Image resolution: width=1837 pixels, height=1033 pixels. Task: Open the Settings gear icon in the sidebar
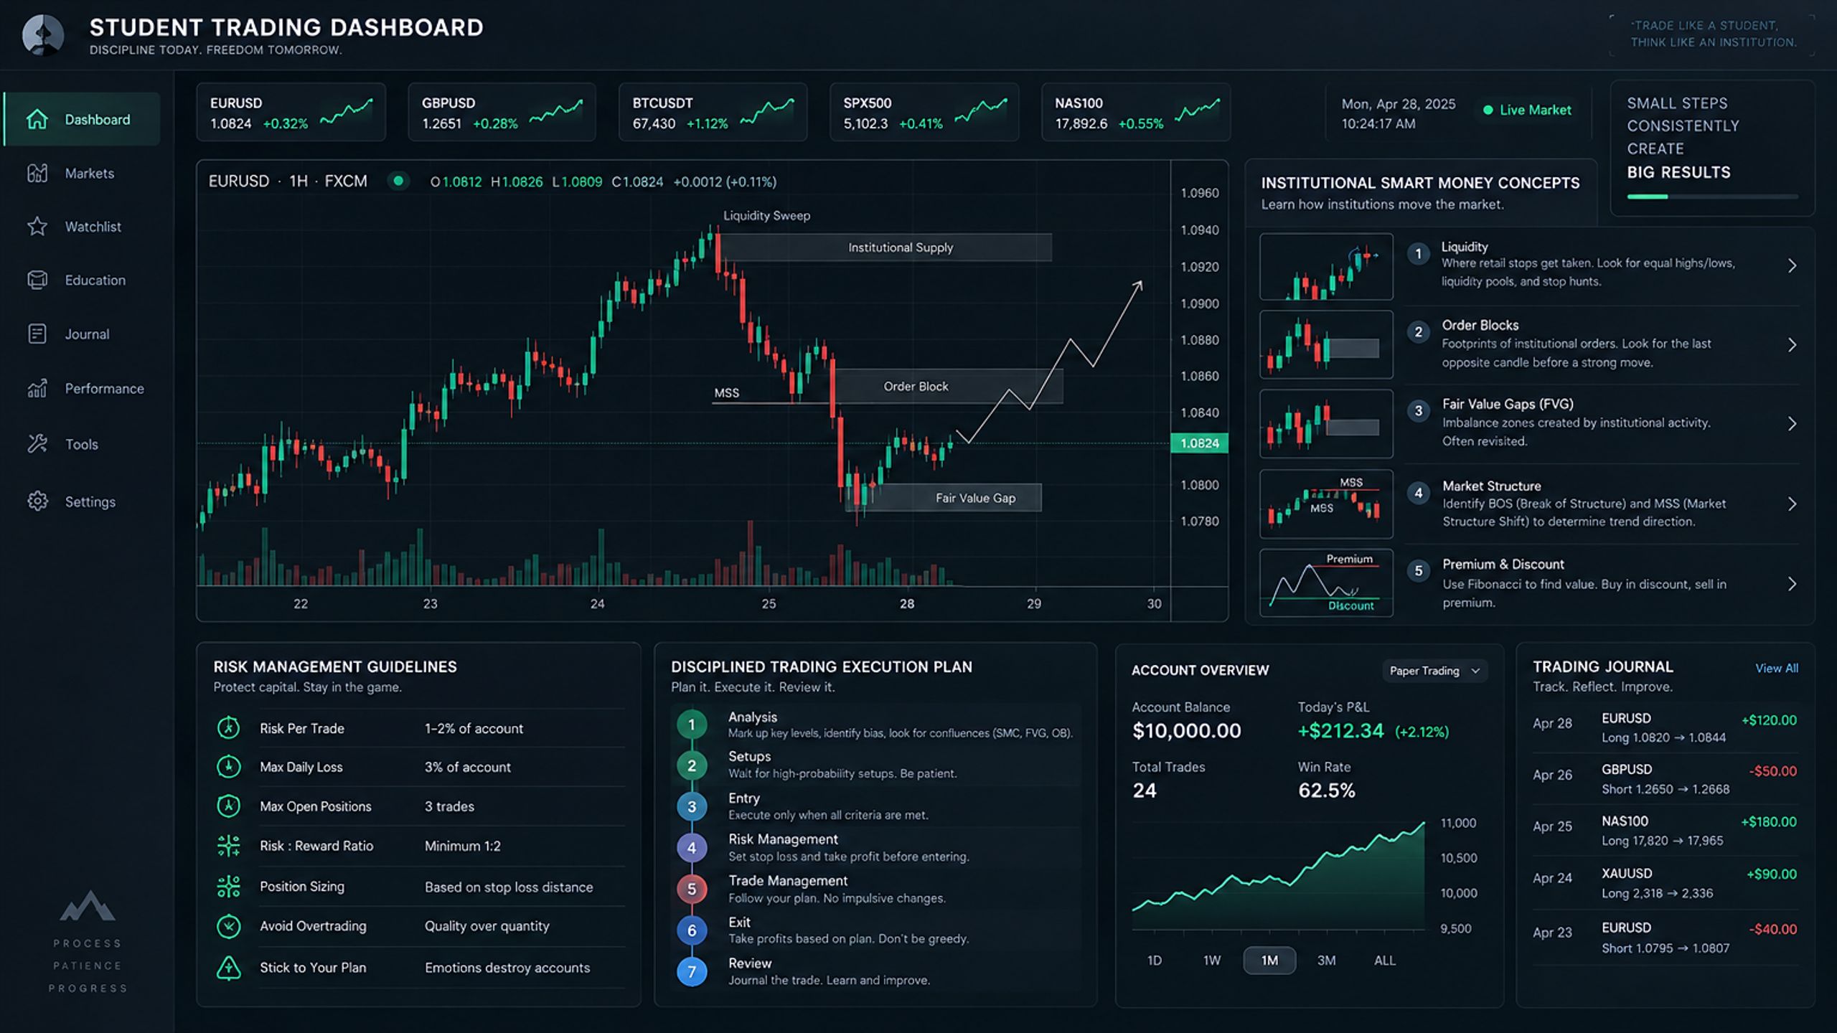click(37, 501)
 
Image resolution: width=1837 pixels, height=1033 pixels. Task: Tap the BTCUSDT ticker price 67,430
click(654, 123)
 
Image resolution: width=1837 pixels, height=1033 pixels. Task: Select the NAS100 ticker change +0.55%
click(1140, 123)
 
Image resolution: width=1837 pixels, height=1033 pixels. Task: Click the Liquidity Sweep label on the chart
click(766, 215)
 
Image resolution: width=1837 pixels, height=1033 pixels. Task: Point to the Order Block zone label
click(916, 387)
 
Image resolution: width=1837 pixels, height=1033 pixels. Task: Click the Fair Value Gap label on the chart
click(975, 498)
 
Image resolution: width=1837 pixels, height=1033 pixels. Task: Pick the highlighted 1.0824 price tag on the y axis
click(1199, 443)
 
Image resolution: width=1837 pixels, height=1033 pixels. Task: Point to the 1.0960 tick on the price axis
click(1200, 193)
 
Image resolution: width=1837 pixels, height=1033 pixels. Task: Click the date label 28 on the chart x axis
click(907, 604)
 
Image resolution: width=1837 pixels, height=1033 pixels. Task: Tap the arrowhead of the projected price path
click(1138, 286)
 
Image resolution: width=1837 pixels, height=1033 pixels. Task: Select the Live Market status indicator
click(1527, 110)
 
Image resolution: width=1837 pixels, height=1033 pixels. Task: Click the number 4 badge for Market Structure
click(1418, 494)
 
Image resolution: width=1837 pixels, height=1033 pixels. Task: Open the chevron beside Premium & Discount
click(1792, 584)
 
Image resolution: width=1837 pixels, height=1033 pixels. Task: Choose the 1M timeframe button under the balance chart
click(1269, 960)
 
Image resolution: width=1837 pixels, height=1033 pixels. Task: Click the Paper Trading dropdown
click(1434, 671)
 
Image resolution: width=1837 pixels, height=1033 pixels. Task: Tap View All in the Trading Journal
click(1777, 668)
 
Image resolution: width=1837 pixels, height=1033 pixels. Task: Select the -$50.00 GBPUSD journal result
click(1772, 771)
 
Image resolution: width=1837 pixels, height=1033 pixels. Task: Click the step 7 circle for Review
click(692, 971)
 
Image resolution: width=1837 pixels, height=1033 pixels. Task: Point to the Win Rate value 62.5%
click(1326, 791)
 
